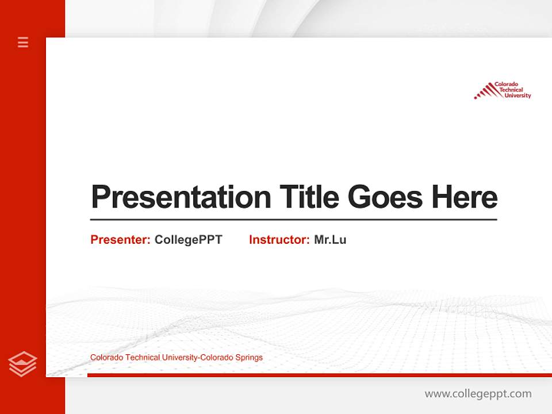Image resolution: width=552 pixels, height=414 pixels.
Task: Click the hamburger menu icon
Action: [x=23, y=42]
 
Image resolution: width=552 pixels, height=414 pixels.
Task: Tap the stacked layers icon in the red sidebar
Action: [x=22, y=364]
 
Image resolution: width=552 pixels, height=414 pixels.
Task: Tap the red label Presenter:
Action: [x=120, y=240]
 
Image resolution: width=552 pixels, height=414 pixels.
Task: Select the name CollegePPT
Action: [x=188, y=240]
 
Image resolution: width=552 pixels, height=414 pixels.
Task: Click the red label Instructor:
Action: [x=279, y=240]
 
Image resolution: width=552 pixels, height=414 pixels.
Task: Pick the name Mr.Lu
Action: [x=330, y=240]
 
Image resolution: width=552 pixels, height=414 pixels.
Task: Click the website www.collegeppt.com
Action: [x=478, y=394]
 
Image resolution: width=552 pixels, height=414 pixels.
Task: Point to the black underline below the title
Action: [x=293, y=219]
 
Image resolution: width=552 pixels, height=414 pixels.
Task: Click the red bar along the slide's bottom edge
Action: [x=319, y=375]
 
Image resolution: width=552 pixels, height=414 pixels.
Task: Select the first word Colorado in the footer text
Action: [x=106, y=358]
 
